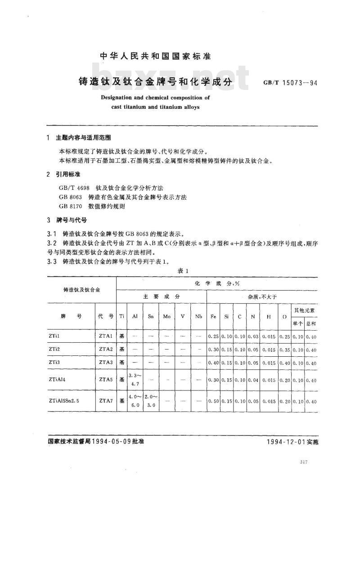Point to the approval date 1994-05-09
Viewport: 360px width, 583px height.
pyautogui.click(x=112, y=442)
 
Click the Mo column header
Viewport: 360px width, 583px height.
pyautogui.click(x=166, y=317)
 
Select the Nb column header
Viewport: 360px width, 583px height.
pyautogui.click(x=198, y=317)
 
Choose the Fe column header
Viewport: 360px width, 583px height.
pyautogui.click(x=213, y=317)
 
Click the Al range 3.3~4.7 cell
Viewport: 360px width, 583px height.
pyautogui.click(x=135, y=380)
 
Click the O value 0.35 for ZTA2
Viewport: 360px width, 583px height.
pyautogui.click(x=284, y=350)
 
